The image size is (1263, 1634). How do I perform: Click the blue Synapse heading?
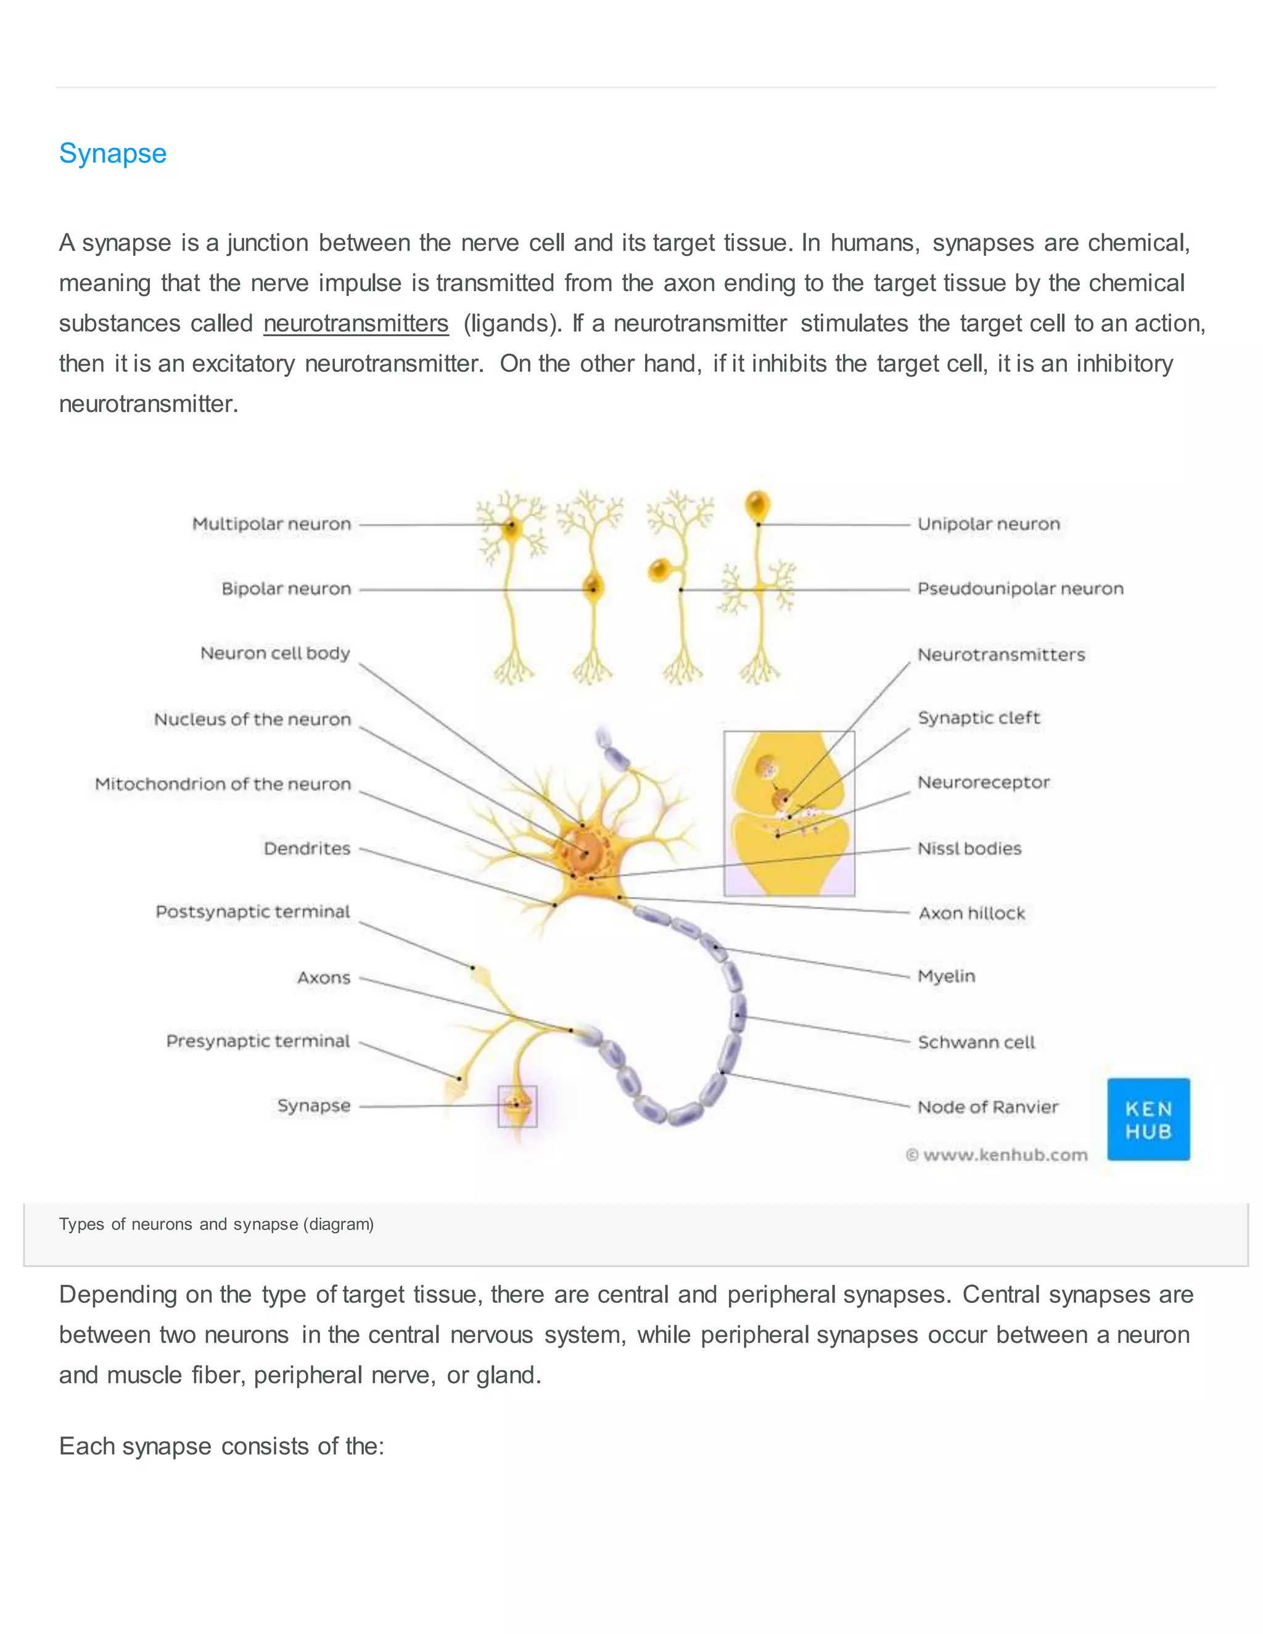pos(113,154)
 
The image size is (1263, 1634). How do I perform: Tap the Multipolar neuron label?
pos(271,523)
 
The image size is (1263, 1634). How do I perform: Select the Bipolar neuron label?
pos(286,589)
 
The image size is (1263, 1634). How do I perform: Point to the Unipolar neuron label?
pos(989,523)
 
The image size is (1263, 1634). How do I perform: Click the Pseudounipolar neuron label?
pos(1021,589)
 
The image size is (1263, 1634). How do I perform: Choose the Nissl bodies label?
pos(969,848)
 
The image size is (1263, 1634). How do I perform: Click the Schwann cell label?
pos(976,1042)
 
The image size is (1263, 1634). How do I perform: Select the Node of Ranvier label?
pos(988,1107)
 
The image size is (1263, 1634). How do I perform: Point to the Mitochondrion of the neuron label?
pos(223,784)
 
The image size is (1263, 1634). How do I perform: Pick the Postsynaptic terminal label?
pos(253,911)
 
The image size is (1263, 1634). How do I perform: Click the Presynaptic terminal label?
pos(258,1041)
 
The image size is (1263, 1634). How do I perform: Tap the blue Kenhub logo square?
pos(1148,1119)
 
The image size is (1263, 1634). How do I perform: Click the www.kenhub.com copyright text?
pos(997,1155)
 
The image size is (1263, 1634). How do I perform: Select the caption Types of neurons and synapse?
pos(216,1225)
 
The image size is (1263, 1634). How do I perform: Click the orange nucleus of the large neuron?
pos(586,850)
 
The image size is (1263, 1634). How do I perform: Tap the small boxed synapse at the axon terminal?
pos(517,1106)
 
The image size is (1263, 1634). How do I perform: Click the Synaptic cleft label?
pos(979,718)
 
